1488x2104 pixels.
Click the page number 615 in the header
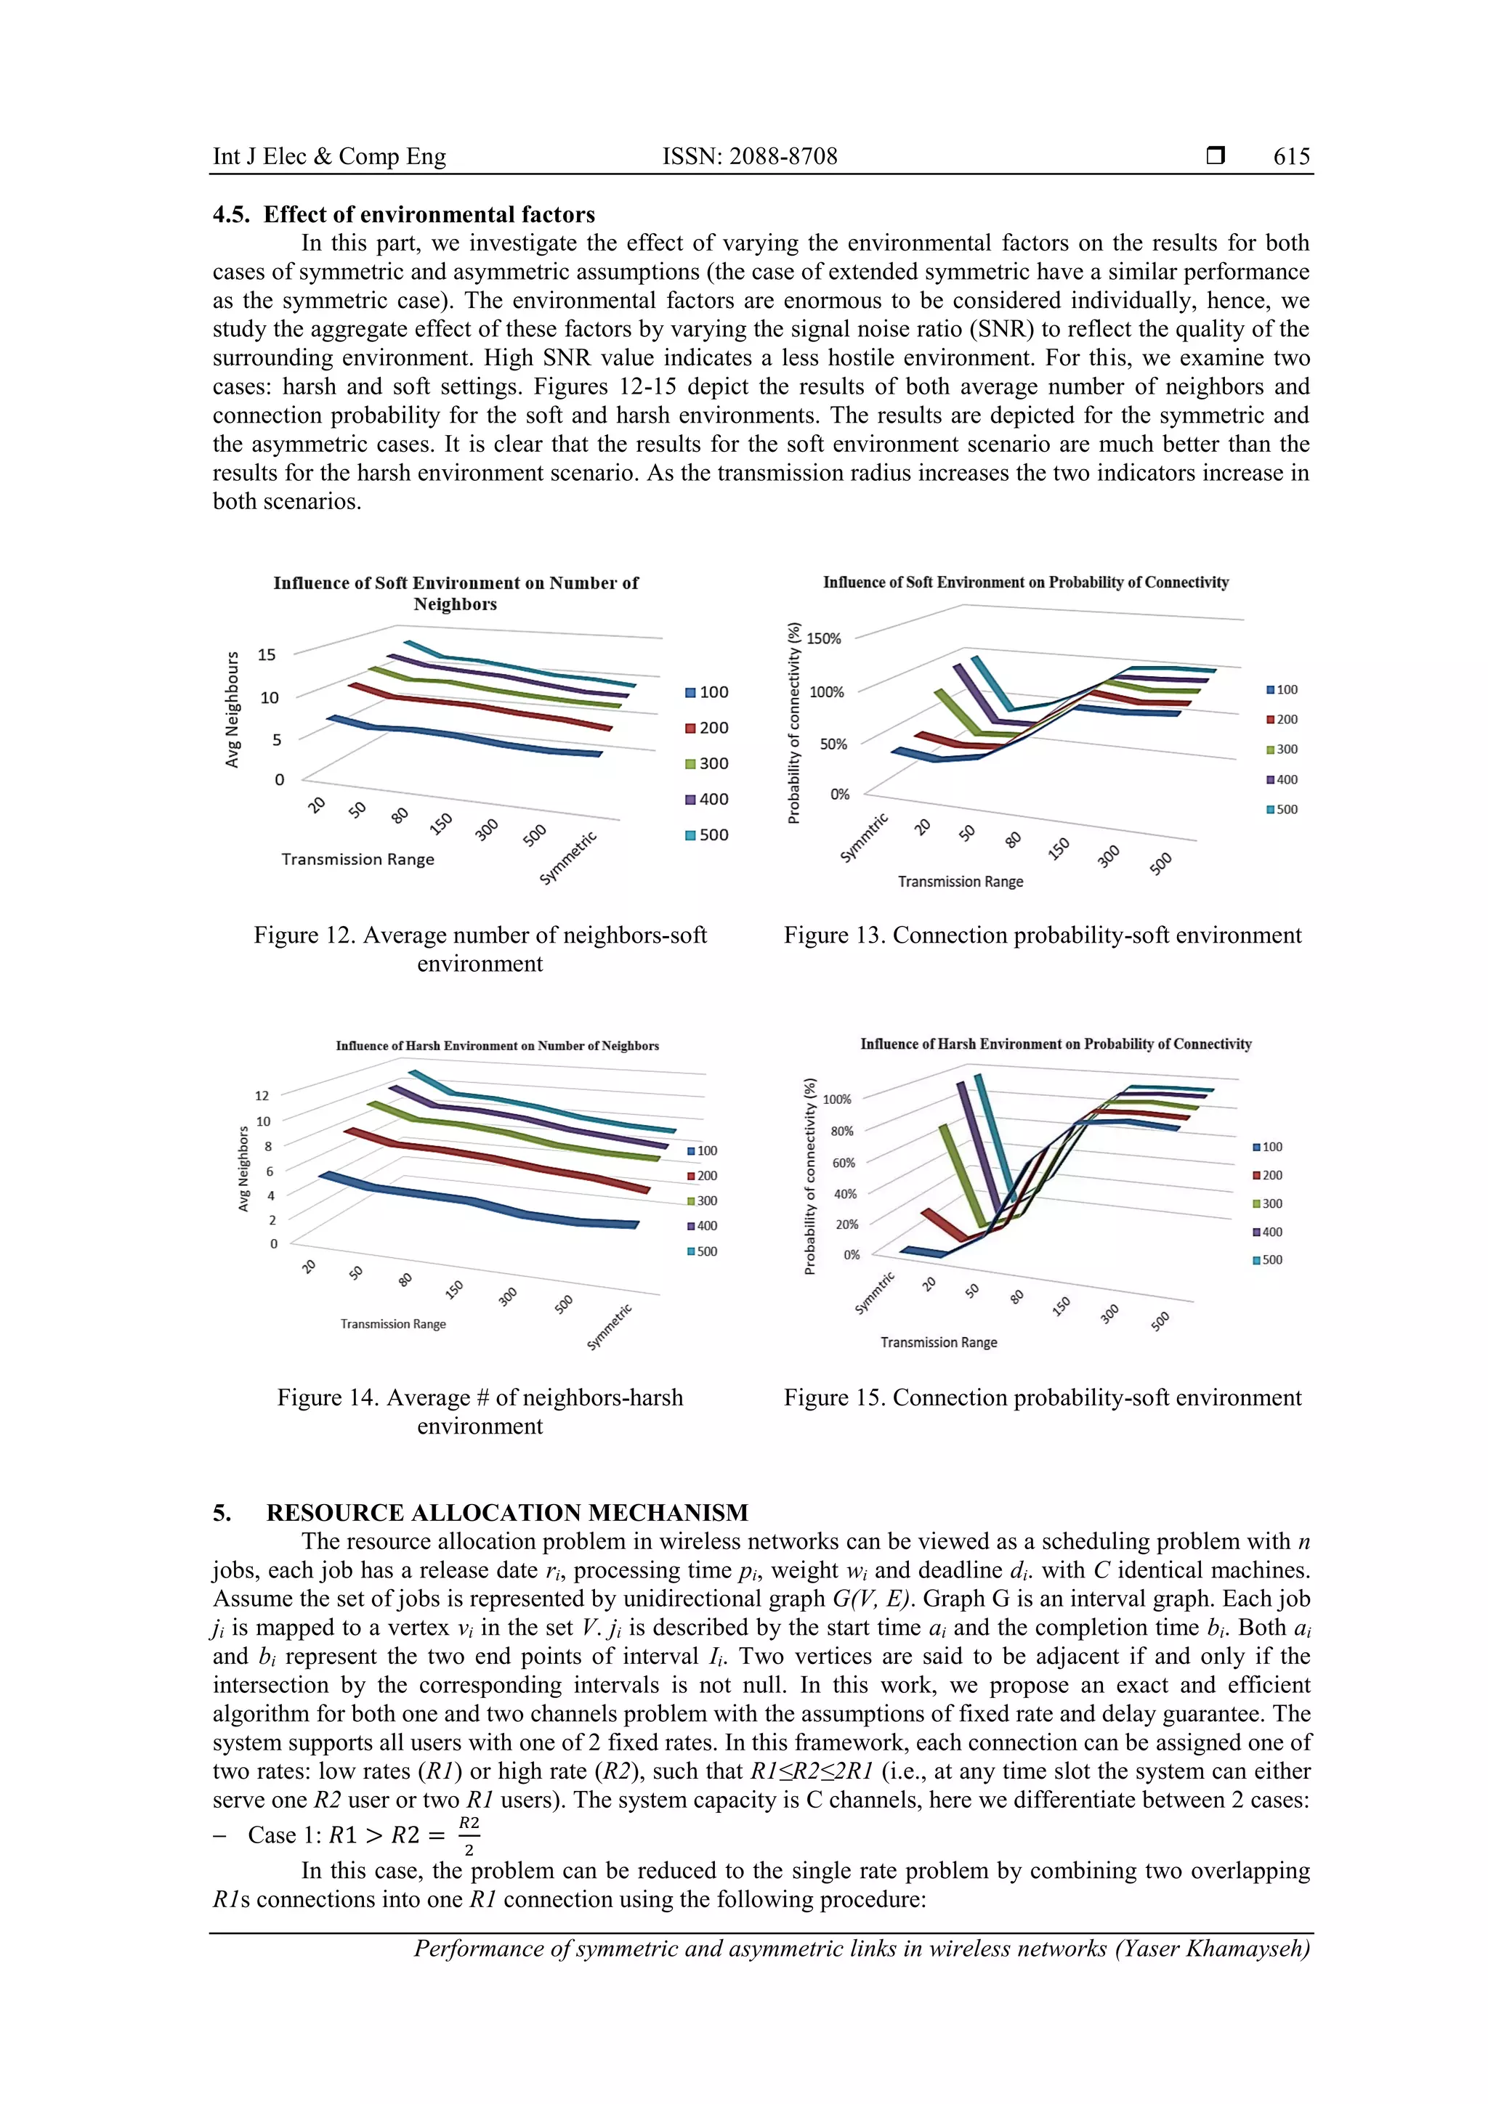[1291, 157]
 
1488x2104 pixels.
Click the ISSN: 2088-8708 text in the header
[749, 157]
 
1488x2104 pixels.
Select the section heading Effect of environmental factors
[429, 214]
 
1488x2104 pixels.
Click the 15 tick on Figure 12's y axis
[266, 654]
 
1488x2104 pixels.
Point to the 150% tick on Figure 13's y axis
[823, 638]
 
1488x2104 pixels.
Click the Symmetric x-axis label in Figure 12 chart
[568, 858]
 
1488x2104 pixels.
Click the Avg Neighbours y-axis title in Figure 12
[233, 710]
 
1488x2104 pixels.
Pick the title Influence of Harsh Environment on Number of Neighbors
[497, 1046]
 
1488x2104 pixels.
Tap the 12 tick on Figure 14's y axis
[262, 1096]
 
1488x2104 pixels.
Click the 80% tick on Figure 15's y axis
[841, 1131]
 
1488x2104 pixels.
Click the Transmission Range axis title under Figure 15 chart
[938, 1342]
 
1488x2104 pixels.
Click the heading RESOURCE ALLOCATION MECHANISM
[507, 1512]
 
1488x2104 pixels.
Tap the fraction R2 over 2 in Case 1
[469, 1835]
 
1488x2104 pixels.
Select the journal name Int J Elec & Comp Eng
[329, 157]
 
